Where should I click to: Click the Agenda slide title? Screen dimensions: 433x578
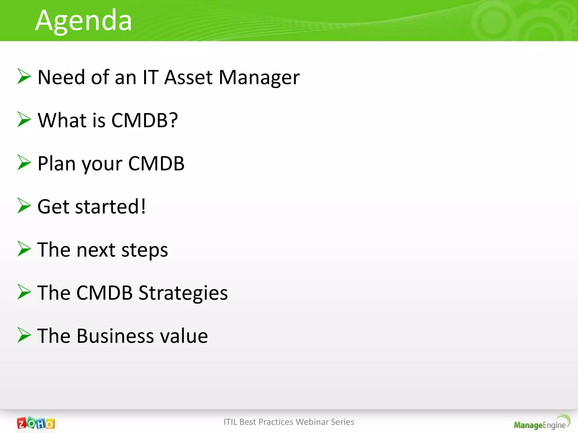coord(84,20)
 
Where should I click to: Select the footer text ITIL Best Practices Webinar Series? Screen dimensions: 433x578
coord(289,422)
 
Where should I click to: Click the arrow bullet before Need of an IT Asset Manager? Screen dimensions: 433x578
coord(24,76)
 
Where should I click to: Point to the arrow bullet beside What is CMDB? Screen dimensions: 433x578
coord(24,120)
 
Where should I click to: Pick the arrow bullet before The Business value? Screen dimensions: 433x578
coord(24,335)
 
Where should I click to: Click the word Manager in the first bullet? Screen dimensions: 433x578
coord(259,78)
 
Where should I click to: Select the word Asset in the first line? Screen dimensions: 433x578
coord(188,78)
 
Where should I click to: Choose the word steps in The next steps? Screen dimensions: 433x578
coord(144,250)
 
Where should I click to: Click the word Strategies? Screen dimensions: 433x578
coord(183,293)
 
